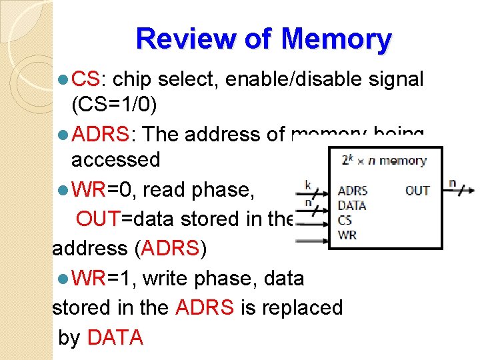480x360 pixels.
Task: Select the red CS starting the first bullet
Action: pos(85,79)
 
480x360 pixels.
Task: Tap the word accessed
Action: pos(115,159)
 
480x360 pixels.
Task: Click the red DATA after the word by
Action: pos(115,337)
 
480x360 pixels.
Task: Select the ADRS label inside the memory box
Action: pos(352,191)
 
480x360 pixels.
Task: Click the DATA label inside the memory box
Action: pos(351,205)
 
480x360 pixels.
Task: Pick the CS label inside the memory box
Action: pos(345,219)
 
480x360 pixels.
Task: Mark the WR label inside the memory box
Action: pos(347,234)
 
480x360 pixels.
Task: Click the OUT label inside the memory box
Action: pos(417,191)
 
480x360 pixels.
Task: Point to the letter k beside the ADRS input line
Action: pos(307,183)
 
